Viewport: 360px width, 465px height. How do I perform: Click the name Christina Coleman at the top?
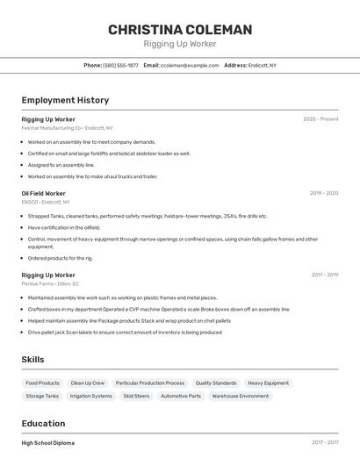point(180,30)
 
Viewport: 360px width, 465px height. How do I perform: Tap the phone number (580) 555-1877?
point(120,65)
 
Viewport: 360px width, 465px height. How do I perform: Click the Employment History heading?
point(65,100)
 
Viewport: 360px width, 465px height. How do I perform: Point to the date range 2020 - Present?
point(320,118)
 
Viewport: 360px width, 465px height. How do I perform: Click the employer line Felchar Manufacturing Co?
point(64,128)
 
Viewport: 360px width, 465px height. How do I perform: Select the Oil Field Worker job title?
point(44,193)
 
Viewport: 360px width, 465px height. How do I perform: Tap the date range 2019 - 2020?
point(324,193)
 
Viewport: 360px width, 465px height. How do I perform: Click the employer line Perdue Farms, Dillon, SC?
point(50,283)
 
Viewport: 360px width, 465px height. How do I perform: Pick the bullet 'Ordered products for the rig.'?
point(61,258)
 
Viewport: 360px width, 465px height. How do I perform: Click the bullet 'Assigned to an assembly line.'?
point(61,165)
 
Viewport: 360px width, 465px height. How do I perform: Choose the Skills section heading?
point(32,360)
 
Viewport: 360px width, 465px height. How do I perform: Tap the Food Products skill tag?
point(43,383)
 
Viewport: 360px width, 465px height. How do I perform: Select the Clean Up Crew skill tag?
point(88,383)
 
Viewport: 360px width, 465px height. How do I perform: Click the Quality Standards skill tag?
point(216,383)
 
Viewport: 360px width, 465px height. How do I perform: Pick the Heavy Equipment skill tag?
point(268,383)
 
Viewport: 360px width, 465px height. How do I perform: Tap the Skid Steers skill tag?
point(136,396)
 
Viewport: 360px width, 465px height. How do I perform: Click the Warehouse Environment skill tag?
point(241,396)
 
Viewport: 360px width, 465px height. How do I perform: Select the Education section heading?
point(43,424)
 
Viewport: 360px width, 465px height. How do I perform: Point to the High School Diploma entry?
point(48,443)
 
